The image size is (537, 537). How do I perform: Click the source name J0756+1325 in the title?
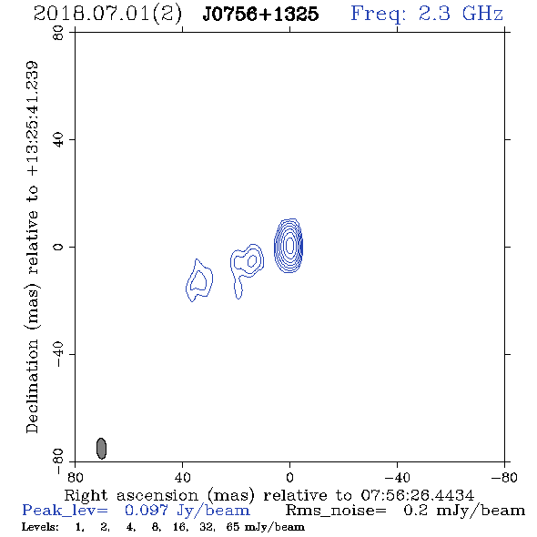pyautogui.click(x=260, y=15)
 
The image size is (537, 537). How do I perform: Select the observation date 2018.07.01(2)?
pyautogui.click(x=107, y=15)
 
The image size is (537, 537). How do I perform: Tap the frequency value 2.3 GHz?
pyautogui.click(x=461, y=14)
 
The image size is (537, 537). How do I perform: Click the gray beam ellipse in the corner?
pyautogui.click(x=101, y=449)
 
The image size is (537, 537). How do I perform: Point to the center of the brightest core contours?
pyautogui.click(x=289, y=245)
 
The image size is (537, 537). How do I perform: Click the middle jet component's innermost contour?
pyautogui.click(x=252, y=260)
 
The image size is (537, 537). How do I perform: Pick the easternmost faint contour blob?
pyautogui.click(x=199, y=280)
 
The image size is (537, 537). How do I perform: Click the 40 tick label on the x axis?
pyautogui.click(x=182, y=478)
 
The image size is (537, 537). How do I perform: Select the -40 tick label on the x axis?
pyautogui.click(x=396, y=478)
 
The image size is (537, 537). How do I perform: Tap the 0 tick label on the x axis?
pyautogui.click(x=289, y=478)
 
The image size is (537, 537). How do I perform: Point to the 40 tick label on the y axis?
pyautogui.click(x=58, y=140)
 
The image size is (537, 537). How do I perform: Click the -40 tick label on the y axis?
pyautogui.click(x=58, y=354)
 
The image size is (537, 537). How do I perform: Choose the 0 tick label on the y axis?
pyautogui.click(x=58, y=247)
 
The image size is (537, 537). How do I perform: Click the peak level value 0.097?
pyautogui.click(x=147, y=511)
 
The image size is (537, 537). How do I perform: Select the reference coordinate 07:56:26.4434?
pyautogui.click(x=417, y=495)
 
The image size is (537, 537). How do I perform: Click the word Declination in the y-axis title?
pyautogui.click(x=32, y=386)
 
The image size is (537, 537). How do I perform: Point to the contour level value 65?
pyautogui.click(x=233, y=526)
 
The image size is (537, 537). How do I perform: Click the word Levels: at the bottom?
pyautogui.click(x=40, y=526)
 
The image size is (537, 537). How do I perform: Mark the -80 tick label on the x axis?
pyautogui.click(x=504, y=478)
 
